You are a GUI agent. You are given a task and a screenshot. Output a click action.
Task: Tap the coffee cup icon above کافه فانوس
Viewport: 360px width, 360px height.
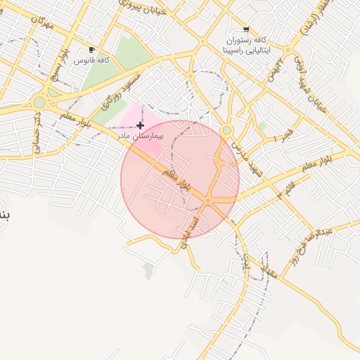coord(92,50)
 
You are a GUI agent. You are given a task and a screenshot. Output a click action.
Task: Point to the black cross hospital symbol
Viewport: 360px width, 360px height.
coord(141,125)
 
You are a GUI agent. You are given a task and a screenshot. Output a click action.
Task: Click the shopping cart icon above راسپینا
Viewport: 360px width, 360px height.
coord(245,30)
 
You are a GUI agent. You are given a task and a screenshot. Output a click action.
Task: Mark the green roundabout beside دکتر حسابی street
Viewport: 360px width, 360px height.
coord(39,103)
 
